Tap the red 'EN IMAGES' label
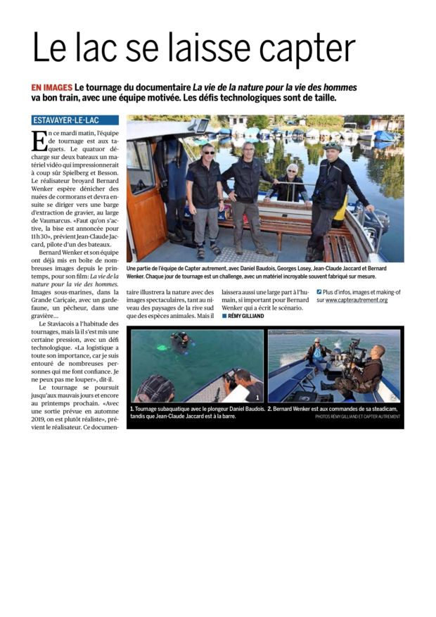(x=52, y=88)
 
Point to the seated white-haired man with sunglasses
(x=291, y=182)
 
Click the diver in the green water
(x=182, y=340)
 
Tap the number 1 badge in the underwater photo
(x=257, y=397)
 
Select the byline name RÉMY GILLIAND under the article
(x=245, y=316)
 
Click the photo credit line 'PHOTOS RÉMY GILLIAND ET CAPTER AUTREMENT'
(x=357, y=416)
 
